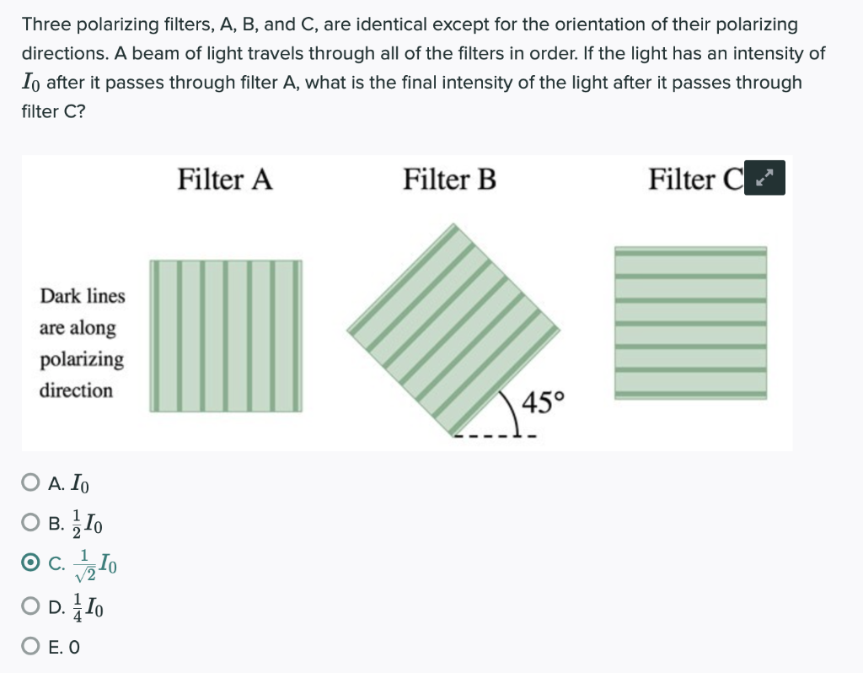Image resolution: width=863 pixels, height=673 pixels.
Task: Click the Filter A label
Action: [225, 180]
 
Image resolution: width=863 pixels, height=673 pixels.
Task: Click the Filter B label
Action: [449, 180]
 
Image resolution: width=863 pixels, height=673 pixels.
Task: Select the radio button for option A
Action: [30, 484]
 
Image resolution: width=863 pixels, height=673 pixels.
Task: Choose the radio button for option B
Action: [30, 523]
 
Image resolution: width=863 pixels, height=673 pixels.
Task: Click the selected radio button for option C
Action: [30, 562]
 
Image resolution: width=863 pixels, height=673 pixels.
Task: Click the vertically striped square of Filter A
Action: [226, 336]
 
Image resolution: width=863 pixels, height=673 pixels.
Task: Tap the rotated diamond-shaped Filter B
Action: [453, 329]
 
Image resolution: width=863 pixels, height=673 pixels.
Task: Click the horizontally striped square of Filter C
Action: [690, 322]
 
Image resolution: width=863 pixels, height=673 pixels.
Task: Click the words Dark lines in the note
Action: [83, 296]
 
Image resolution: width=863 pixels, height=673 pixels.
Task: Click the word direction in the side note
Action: [76, 390]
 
